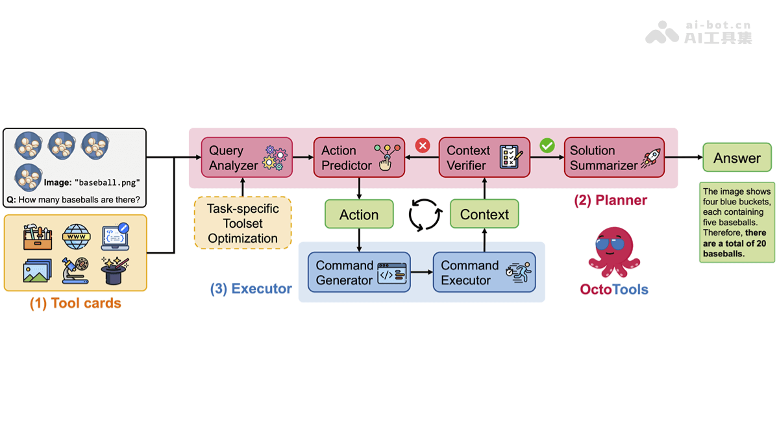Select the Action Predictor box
[359, 158]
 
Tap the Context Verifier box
[484, 158]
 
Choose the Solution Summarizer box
[614, 158]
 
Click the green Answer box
[737, 158]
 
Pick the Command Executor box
[484, 273]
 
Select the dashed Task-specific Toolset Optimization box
[243, 223]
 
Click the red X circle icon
[423, 145]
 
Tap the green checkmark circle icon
[547, 145]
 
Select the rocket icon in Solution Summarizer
[650, 158]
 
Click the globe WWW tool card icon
[77, 237]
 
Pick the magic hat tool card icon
[115, 270]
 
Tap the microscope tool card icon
[77, 270]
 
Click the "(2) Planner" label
[610, 200]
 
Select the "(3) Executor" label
[251, 289]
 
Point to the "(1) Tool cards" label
[75, 303]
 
